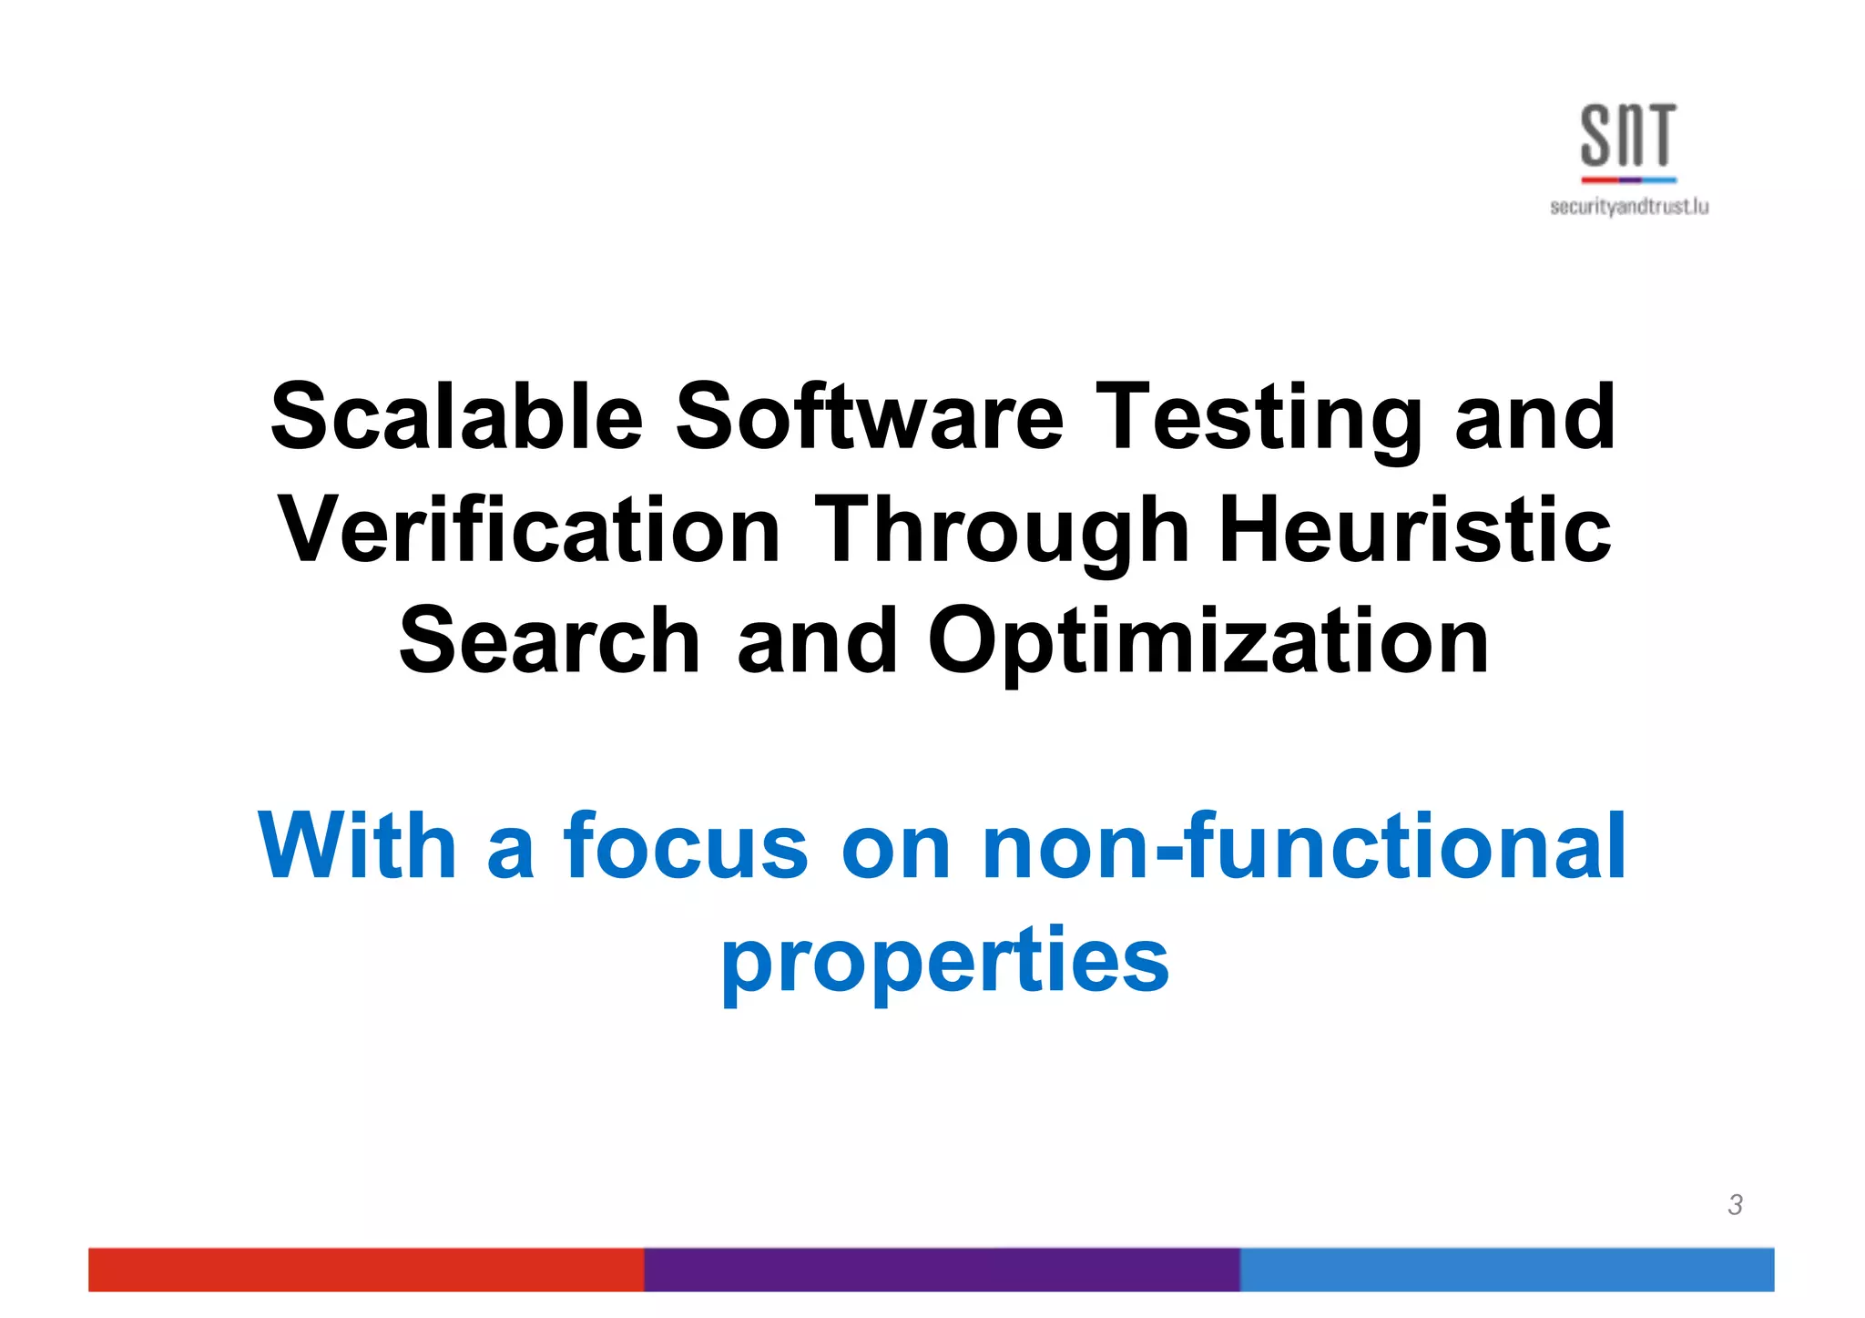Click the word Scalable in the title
(457, 417)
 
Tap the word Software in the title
(869, 417)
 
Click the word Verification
(529, 530)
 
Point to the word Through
(1002, 532)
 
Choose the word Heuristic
(1415, 530)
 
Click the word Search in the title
(549, 641)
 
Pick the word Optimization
(1208, 643)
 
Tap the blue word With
(356, 846)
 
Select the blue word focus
(686, 846)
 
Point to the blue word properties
(944, 961)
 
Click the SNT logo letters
(1627, 136)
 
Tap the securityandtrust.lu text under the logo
(1628, 207)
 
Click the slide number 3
(1735, 1204)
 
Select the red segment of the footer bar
(365, 1269)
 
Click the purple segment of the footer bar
(941, 1269)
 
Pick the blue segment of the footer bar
(1506, 1269)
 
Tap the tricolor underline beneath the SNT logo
(1627, 179)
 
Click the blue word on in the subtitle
(895, 848)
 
